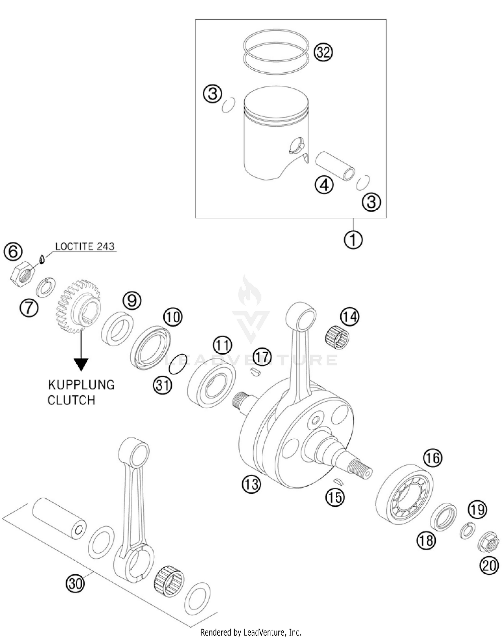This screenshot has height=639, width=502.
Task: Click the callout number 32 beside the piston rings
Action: [323, 53]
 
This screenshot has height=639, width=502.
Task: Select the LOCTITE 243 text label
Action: [85, 246]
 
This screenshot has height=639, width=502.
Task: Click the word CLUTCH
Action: [71, 400]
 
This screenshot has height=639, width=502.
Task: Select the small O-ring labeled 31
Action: [177, 363]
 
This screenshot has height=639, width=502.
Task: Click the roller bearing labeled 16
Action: [404, 494]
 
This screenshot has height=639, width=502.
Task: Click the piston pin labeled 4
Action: [335, 166]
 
